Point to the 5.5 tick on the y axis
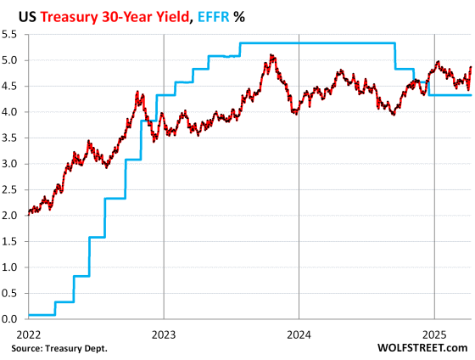(x=11, y=35)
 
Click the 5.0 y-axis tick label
(x=11, y=60)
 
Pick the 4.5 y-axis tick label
(x=11, y=87)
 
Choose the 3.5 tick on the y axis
(x=11, y=138)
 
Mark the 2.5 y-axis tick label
(x=11, y=190)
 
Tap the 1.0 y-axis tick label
(x=11, y=267)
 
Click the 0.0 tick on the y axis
(x=11, y=319)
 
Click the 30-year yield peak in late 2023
(x=271, y=56)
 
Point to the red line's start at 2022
(x=28, y=213)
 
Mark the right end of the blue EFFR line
(x=472, y=95)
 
